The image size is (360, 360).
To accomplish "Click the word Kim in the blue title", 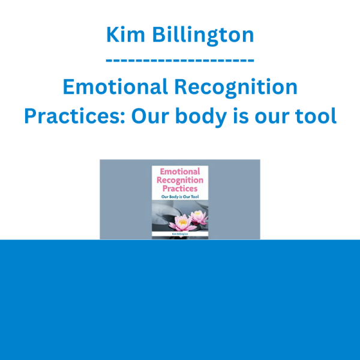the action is coord(125,35).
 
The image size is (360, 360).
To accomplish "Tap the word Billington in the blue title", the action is coord(203,35).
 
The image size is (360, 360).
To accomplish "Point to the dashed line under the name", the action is coord(180,61).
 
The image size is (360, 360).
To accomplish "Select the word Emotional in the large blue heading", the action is coord(115,87).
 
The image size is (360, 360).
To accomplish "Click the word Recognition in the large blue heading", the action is coord(236,88).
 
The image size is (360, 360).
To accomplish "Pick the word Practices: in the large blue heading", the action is coord(74,116).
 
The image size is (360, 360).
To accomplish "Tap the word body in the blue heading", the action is coord(201,117).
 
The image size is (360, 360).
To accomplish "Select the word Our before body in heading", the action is coord(150,116).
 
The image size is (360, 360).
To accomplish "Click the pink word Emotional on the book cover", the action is coord(180,172).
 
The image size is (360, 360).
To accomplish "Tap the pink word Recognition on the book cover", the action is coord(180,180).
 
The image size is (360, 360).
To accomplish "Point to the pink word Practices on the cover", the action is coord(180,189).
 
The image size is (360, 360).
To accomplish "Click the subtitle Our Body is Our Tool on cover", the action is coord(180,197).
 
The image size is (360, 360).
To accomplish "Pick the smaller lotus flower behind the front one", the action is coord(199,217).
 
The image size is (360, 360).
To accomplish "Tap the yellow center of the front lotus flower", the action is coord(183,221).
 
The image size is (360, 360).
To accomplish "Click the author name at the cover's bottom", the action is coord(180,234).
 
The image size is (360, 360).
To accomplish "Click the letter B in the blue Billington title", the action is coord(159,35).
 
